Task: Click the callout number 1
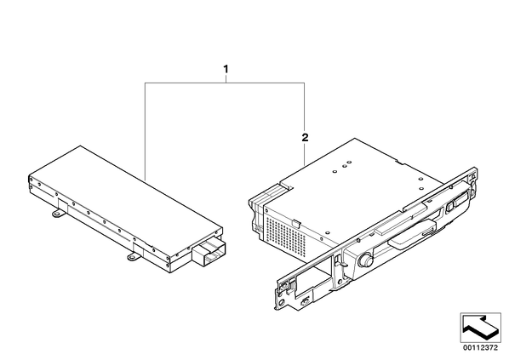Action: pos(226,69)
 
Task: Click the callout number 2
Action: pos(305,138)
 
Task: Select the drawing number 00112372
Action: pos(480,348)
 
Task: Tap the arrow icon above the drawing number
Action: pos(480,328)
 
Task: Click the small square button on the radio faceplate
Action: pos(449,207)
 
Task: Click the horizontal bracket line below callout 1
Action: pos(225,83)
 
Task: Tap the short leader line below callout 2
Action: pos(304,155)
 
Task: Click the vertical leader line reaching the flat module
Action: pos(146,132)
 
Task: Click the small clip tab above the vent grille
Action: pos(295,223)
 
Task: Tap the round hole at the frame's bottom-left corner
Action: pos(281,302)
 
